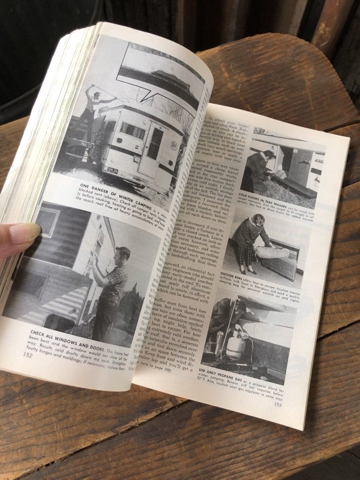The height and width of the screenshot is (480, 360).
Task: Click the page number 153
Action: coord(278,404)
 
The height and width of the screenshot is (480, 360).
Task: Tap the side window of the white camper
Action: coord(131,130)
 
